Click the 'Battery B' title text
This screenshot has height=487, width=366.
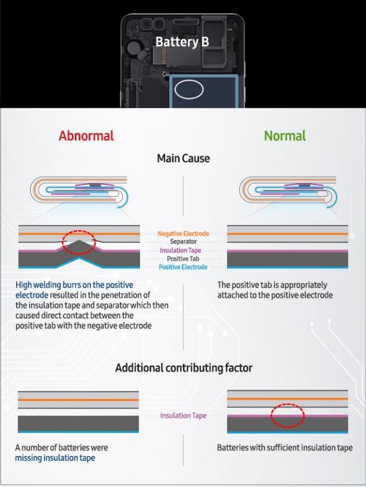pos(182,42)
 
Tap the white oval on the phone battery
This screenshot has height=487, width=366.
pos(189,90)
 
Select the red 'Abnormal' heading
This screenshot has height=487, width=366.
pos(86,136)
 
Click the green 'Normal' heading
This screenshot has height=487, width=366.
pos(284,136)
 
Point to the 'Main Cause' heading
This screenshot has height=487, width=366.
pos(183,158)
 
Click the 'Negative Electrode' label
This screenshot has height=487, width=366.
pos(183,234)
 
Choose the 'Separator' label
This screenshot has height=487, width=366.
pos(183,242)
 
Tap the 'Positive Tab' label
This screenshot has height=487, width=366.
pos(183,259)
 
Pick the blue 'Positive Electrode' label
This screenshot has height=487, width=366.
pos(183,267)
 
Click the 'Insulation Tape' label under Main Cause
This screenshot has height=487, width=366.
pos(183,250)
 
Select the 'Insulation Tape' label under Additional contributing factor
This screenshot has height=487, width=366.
pos(183,415)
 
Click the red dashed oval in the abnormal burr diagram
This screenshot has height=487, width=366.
pos(79,242)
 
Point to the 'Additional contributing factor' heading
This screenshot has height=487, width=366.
pos(184,368)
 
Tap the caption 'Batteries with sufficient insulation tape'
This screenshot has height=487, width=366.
pos(284,448)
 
